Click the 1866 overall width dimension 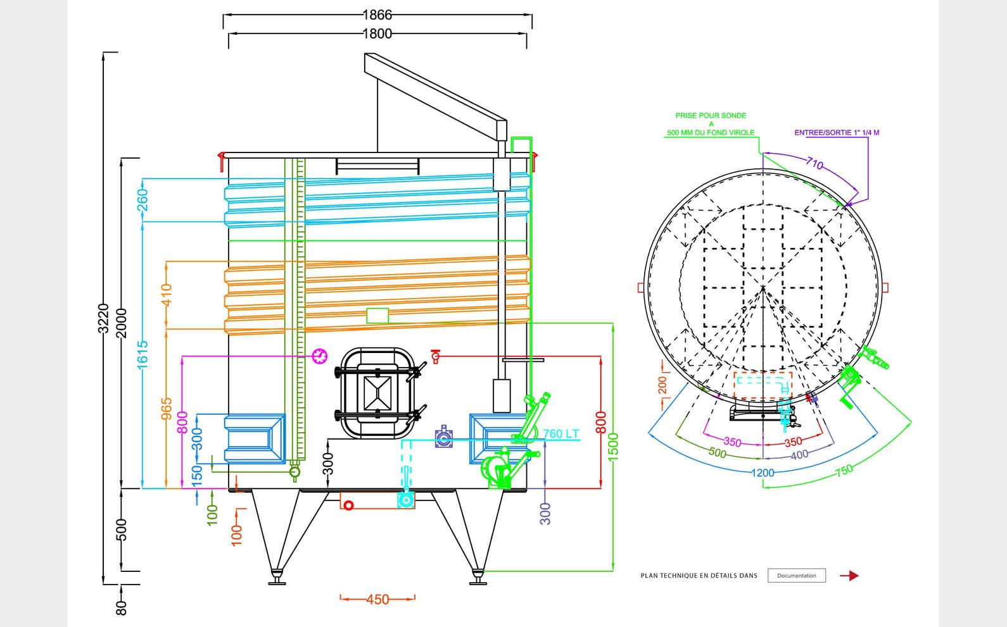(377, 14)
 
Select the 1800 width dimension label (377, 34)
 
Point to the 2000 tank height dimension (122, 323)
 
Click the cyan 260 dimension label (142, 200)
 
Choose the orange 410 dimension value (167, 295)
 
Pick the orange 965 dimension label (167, 409)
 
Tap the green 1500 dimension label (612, 447)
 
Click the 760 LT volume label (561, 434)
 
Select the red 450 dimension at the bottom (377, 599)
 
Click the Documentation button (796, 576)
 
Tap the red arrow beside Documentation (849, 576)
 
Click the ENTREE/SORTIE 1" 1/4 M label (837, 133)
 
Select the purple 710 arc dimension (814, 164)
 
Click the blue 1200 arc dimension (763, 473)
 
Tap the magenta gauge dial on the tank (320, 356)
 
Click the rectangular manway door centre (377, 393)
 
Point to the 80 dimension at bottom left (122, 607)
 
